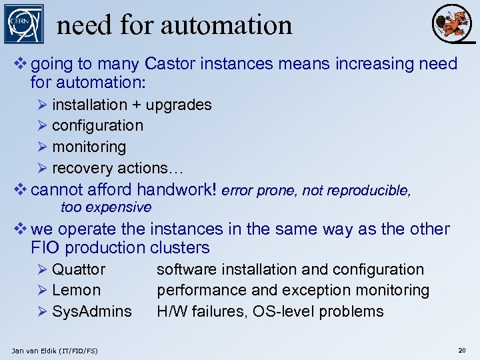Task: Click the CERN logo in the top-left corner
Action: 23,24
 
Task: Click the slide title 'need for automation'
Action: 175,25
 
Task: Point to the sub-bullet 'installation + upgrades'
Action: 131,105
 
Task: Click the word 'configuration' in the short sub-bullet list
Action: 97,125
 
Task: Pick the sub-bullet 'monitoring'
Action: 89,146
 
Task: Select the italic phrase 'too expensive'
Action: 106,207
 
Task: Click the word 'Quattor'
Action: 79,269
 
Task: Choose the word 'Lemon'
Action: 77,290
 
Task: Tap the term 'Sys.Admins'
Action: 92,311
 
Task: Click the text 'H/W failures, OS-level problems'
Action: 270,311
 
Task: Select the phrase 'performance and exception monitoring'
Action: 293,290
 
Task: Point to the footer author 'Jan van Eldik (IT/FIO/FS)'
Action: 55,350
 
